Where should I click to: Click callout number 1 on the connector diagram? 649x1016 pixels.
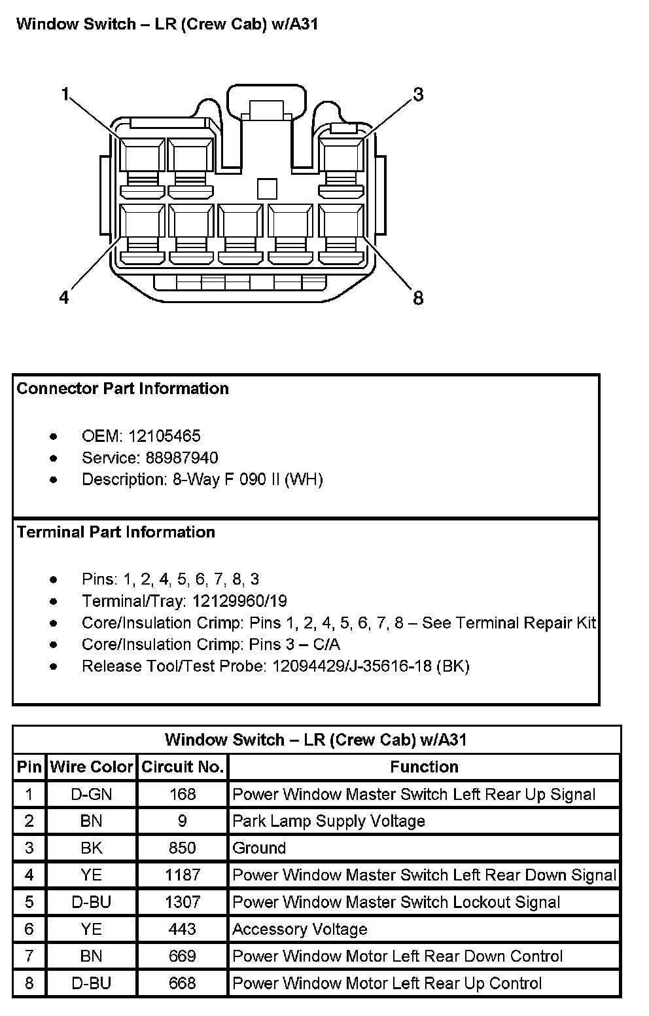[65, 94]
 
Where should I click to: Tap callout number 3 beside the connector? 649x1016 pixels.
[418, 94]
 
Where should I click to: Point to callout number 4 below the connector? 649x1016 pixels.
[63, 298]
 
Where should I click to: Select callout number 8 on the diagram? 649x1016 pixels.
[418, 299]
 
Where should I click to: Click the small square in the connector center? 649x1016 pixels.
[267, 189]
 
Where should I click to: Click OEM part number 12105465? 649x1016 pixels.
[164, 436]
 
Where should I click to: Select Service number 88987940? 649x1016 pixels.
[173, 458]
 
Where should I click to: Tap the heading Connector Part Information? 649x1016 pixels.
[122, 388]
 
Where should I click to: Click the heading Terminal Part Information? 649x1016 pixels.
[116, 532]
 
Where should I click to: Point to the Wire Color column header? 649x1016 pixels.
[92, 767]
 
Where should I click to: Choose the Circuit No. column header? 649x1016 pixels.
[183, 767]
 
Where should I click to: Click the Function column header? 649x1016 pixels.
[424, 767]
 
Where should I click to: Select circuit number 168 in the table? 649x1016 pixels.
[183, 794]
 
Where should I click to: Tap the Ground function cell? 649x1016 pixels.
[259, 848]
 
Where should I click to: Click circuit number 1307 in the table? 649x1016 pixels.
[183, 902]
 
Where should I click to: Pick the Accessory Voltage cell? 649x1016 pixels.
[300, 929]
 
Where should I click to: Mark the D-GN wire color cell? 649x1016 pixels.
[92, 794]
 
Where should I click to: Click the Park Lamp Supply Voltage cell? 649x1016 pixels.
[328, 821]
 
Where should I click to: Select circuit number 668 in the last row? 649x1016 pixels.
[183, 983]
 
